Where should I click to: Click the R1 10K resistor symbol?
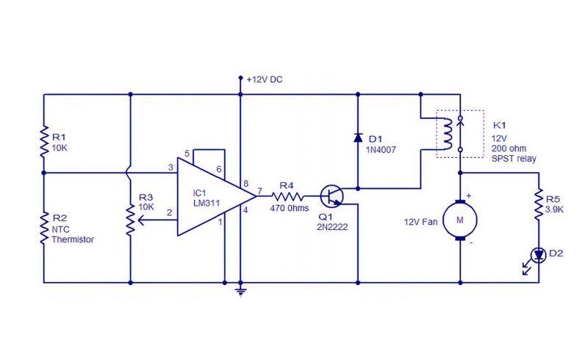pyautogui.click(x=44, y=141)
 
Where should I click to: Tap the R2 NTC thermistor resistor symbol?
pyautogui.click(x=44, y=228)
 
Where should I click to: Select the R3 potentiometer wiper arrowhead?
pyautogui.click(x=141, y=220)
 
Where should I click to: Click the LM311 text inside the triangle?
pyautogui.click(x=207, y=204)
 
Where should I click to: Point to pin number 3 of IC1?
pyautogui.click(x=171, y=168)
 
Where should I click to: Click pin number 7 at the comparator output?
pyautogui.click(x=260, y=191)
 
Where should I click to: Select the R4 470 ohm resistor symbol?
pyautogui.click(x=287, y=196)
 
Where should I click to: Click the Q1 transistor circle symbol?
pyautogui.click(x=332, y=195)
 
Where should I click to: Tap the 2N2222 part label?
pyautogui.click(x=332, y=227)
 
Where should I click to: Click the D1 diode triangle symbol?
pyautogui.click(x=358, y=137)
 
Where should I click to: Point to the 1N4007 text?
pyautogui.click(x=381, y=150)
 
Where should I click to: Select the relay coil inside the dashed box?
pyautogui.click(x=447, y=134)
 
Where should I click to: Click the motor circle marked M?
pyautogui.click(x=460, y=220)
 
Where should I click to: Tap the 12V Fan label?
pyautogui.click(x=420, y=222)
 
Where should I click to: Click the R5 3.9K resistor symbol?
pyautogui.click(x=539, y=204)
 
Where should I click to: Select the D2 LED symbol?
pyautogui.click(x=539, y=256)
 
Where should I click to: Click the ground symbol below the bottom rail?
pyautogui.click(x=241, y=292)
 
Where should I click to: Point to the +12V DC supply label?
pyautogui.click(x=265, y=79)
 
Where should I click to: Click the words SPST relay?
pyautogui.click(x=514, y=159)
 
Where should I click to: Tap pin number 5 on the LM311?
pyautogui.click(x=187, y=154)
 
